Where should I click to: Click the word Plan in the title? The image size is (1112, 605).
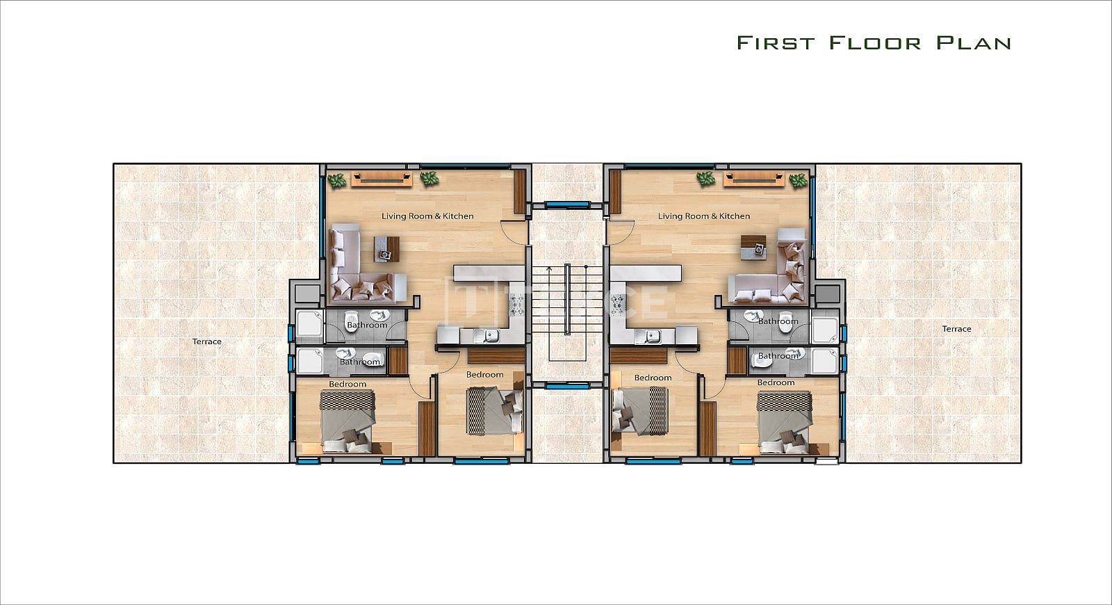click(973, 42)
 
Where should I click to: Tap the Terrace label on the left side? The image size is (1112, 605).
click(207, 341)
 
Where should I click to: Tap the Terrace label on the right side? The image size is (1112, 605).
click(956, 329)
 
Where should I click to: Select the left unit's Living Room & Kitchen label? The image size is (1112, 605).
click(427, 216)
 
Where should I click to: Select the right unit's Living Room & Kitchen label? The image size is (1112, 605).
click(704, 216)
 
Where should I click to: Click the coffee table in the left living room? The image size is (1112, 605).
click(386, 249)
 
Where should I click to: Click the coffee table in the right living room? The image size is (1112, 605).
click(753, 248)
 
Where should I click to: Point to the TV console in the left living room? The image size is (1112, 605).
click(382, 179)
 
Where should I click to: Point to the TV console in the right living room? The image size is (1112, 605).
click(753, 179)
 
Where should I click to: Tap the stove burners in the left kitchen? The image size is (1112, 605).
click(516, 305)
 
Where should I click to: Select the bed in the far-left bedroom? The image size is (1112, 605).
click(347, 421)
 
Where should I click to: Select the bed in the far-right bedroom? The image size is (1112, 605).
click(785, 423)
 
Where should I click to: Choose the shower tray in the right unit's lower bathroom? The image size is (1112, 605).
click(824, 361)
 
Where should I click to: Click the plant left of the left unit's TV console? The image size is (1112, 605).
click(338, 180)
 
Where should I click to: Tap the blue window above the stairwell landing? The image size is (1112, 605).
click(567, 204)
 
